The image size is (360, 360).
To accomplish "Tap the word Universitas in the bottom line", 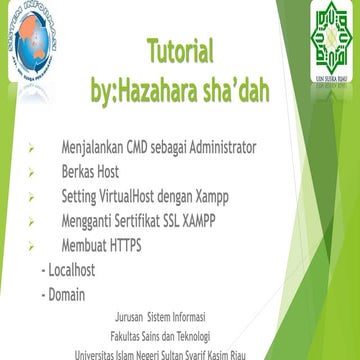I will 106,357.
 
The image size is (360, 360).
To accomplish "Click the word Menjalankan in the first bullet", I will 89,148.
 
